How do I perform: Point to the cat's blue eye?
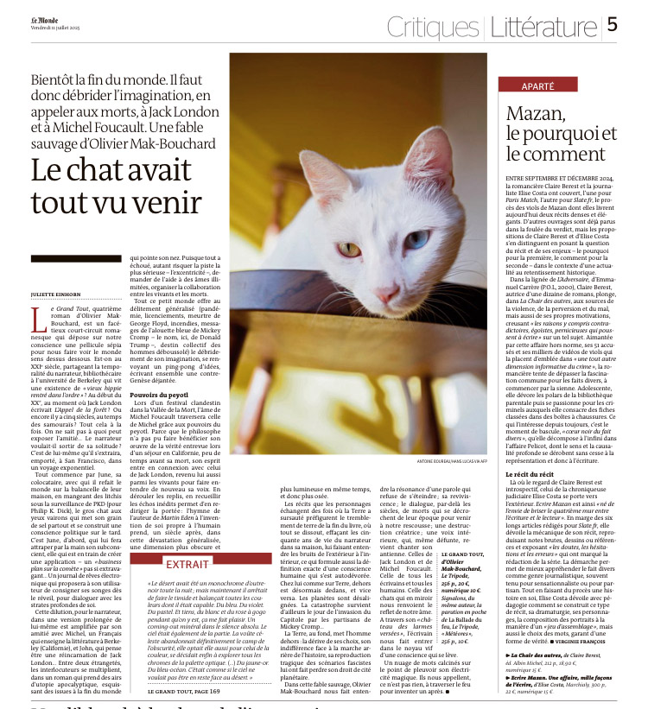click(417, 237)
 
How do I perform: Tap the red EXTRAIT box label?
click(187, 562)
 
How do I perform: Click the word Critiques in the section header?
click(429, 27)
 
